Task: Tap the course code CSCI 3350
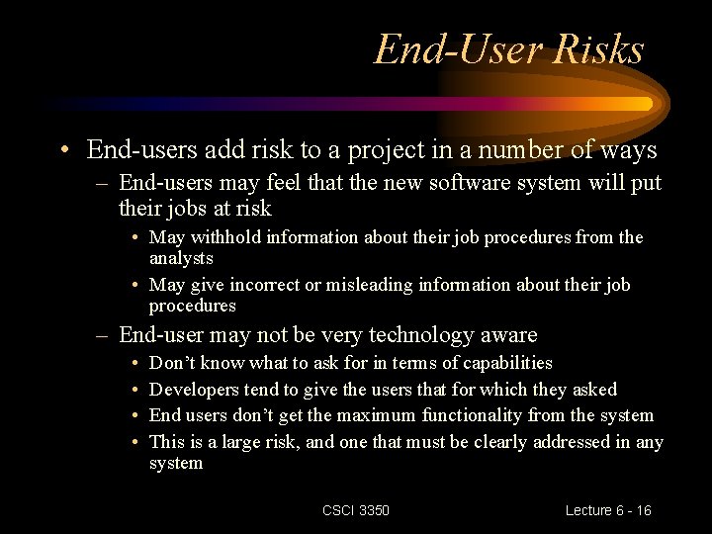(x=356, y=510)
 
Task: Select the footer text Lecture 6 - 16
(x=608, y=510)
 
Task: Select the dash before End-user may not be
(x=102, y=336)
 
